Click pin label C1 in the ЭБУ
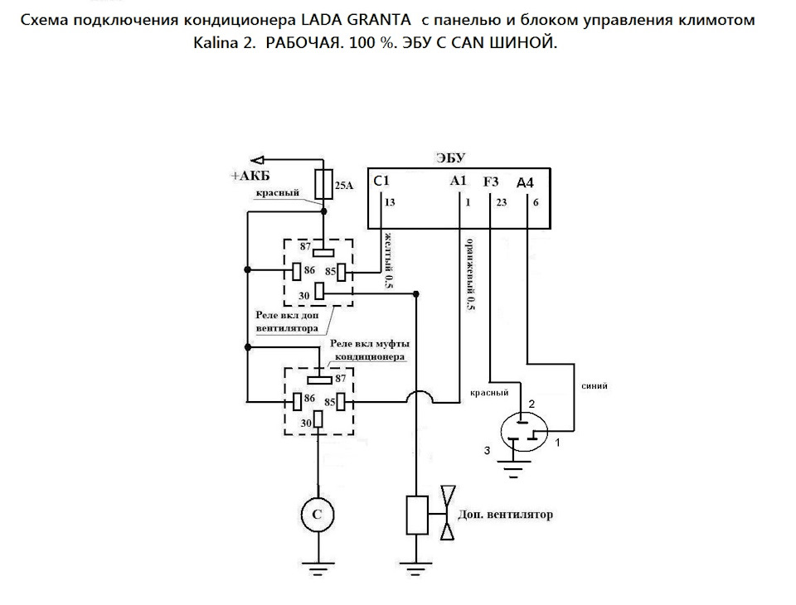(x=381, y=180)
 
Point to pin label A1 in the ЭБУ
(x=458, y=180)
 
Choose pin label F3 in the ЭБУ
(x=492, y=181)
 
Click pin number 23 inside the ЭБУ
(x=501, y=201)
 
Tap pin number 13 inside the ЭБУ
(x=391, y=201)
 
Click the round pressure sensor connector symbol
(x=524, y=432)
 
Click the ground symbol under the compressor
(x=317, y=569)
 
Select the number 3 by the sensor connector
(x=488, y=450)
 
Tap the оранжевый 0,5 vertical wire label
(x=470, y=273)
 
